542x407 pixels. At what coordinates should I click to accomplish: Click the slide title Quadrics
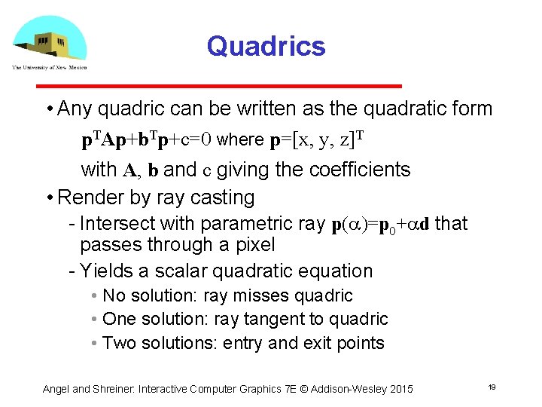tap(266, 46)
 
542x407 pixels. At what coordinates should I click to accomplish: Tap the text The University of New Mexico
tap(49, 67)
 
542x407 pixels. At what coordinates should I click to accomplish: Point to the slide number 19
tap(491, 387)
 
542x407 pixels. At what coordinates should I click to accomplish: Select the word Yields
tap(104, 271)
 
